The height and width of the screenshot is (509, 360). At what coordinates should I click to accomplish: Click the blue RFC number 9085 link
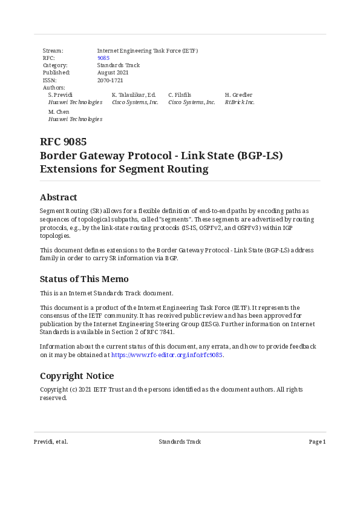[x=103, y=58]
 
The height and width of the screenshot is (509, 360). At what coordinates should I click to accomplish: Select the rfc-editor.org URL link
[x=167, y=355]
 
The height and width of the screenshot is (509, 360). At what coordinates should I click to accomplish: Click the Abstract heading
[x=58, y=197]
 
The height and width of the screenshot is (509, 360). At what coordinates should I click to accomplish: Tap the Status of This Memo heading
[x=84, y=279]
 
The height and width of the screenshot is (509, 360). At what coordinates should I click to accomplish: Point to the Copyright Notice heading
[x=77, y=376]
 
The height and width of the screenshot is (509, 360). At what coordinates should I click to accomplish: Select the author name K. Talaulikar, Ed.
[x=134, y=95]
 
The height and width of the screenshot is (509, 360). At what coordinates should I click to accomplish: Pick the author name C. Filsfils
[x=180, y=95]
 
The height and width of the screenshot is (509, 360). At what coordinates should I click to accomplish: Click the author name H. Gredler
[x=238, y=95]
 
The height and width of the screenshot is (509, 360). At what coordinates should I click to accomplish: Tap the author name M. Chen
[x=59, y=112]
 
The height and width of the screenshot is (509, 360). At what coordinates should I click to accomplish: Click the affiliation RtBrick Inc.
[x=240, y=102]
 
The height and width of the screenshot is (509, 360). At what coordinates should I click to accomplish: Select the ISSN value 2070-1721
[x=110, y=80]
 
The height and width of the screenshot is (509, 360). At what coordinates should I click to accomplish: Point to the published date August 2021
[x=113, y=73]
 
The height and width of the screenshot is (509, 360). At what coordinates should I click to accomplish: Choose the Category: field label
[x=55, y=65]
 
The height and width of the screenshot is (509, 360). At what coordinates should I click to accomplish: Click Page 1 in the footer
[x=317, y=442]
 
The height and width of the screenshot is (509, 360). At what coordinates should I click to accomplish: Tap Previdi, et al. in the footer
[x=51, y=442]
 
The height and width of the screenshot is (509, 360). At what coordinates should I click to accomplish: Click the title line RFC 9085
[x=63, y=142]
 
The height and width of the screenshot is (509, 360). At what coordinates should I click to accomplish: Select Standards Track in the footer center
[x=180, y=442]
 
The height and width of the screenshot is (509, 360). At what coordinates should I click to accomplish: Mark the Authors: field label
[x=54, y=88]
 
